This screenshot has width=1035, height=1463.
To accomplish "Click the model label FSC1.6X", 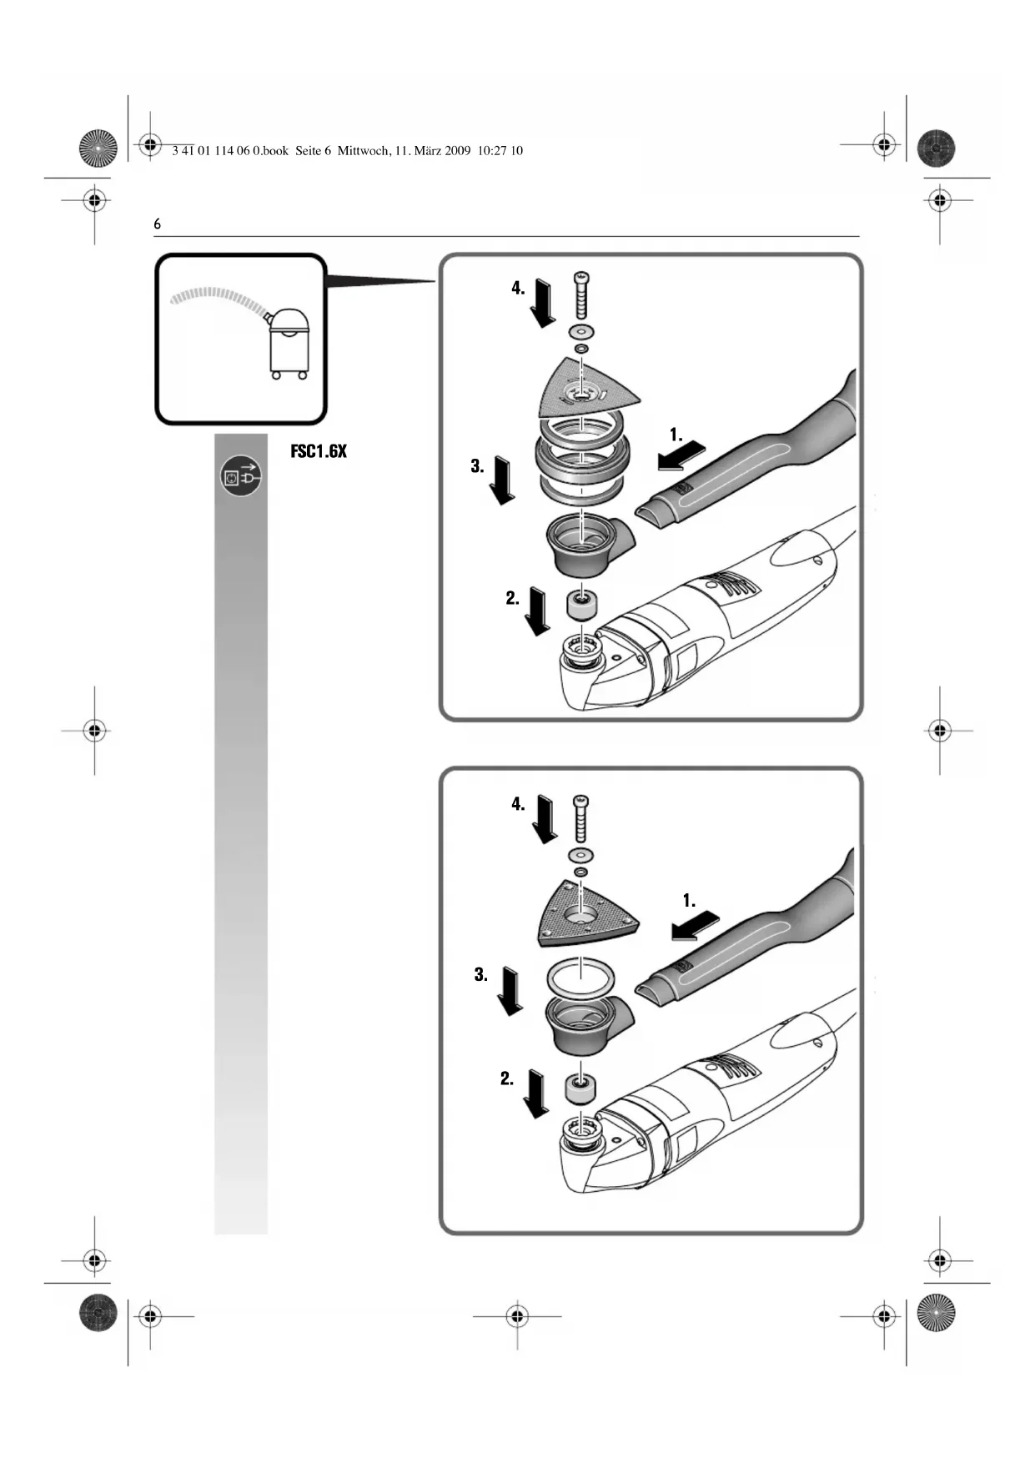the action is [318, 451].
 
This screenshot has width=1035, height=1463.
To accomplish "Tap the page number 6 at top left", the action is [157, 224].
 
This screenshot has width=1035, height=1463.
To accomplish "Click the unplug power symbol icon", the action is [241, 476].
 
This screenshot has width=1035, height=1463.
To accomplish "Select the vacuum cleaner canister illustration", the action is [289, 342].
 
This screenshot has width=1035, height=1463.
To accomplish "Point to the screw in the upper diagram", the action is [582, 295].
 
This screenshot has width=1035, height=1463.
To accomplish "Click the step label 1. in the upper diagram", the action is [676, 435].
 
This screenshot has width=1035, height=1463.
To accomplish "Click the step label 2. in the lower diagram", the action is [507, 1078].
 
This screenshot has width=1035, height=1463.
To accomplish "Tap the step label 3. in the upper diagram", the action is [477, 466].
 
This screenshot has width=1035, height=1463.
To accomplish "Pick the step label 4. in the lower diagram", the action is [518, 804].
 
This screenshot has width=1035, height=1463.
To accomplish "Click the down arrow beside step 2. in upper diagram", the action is [539, 611].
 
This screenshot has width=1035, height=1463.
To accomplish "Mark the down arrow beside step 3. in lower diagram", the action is [509, 990].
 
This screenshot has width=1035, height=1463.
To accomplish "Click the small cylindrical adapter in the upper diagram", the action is [580, 604].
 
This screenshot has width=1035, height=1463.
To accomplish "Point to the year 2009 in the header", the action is [458, 151].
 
